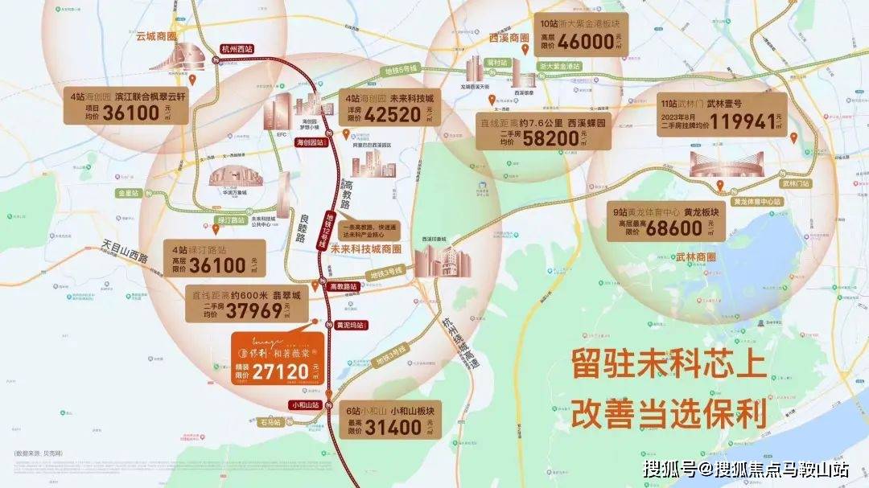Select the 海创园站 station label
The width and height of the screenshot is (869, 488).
click(x=310, y=141)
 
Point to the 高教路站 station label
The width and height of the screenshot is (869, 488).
click(x=344, y=285)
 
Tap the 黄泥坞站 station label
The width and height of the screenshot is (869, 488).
click(x=349, y=325)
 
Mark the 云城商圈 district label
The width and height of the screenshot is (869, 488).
click(x=156, y=36)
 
